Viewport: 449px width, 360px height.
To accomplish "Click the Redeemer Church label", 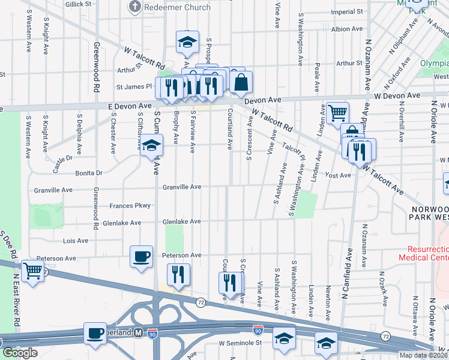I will tap(178, 7).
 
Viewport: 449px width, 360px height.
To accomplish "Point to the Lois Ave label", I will tap(76, 241).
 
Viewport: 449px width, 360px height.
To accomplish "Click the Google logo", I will tap(20, 353).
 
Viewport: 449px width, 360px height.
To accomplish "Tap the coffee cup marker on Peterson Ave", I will tap(142, 257).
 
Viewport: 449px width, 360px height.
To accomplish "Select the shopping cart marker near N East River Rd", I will tap(32, 271).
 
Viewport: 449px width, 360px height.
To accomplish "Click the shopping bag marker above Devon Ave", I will tap(241, 83).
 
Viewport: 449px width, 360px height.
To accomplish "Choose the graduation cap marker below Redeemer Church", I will tap(187, 42).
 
